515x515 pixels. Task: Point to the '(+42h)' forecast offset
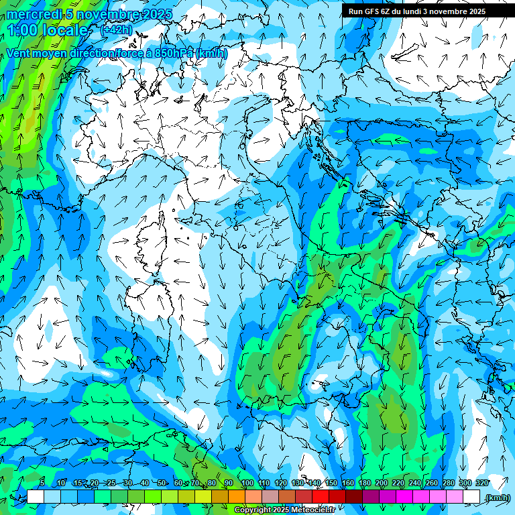(x=115, y=30)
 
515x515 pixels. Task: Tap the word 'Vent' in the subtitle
(x=19, y=53)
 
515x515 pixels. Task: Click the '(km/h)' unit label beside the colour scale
(x=497, y=497)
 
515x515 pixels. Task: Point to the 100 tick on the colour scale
(x=247, y=483)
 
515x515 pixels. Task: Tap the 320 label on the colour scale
(x=481, y=483)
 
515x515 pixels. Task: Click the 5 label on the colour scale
(x=42, y=483)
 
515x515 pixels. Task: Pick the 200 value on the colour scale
(x=382, y=483)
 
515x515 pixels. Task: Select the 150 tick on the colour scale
(x=331, y=483)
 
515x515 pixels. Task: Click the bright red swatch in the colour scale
(x=321, y=496)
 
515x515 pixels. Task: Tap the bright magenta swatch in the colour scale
(x=404, y=496)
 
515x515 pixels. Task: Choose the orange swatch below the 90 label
(x=237, y=496)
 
